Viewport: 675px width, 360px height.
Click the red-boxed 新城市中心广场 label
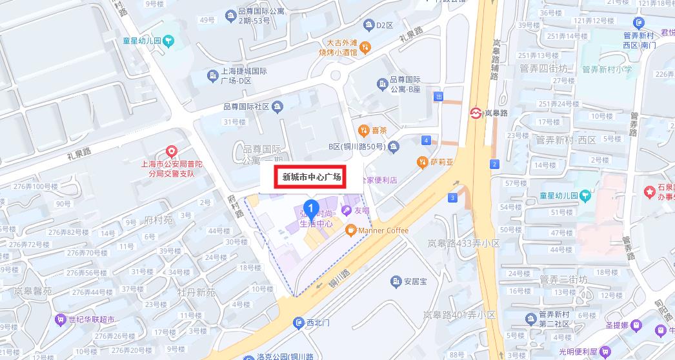coord(312,177)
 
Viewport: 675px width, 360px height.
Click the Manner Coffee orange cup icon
coord(350,230)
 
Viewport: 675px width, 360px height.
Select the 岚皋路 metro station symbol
coord(476,113)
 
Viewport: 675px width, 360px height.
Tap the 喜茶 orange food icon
coord(364,130)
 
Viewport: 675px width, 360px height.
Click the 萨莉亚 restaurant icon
coord(423,161)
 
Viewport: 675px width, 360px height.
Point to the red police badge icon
coord(172,151)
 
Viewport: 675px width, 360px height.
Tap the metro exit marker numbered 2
coord(494,164)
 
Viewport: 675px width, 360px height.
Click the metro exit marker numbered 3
coord(454,197)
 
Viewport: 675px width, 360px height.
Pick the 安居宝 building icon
coord(396,281)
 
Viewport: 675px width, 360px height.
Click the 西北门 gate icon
coord(298,322)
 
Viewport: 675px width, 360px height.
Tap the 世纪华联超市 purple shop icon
coord(62,319)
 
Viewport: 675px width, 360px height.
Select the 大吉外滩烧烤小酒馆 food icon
coord(365,46)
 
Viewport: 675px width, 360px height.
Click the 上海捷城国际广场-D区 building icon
coord(212,76)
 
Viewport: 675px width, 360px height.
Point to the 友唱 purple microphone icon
coord(347,210)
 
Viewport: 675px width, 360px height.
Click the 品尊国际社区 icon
coord(277,106)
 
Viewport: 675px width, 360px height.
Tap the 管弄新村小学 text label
coord(607,68)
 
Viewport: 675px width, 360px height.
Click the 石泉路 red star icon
coord(649,192)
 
